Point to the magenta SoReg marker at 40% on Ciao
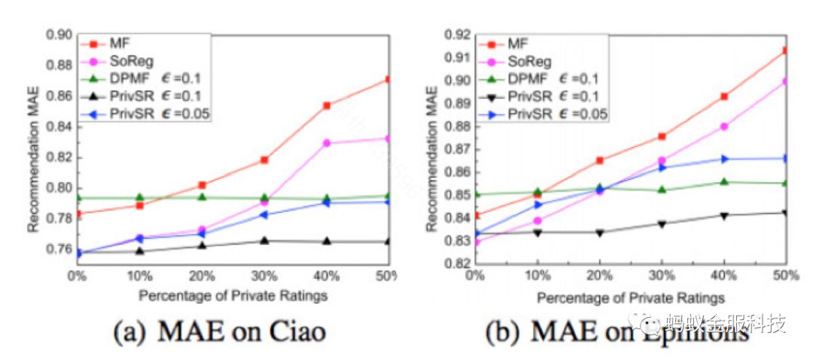point(326,142)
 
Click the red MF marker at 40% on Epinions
point(724,96)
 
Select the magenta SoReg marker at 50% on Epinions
point(785,81)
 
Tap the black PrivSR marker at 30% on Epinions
point(662,224)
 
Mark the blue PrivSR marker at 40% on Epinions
point(724,159)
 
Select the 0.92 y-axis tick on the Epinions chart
point(455,35)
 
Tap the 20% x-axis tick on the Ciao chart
point(202,276)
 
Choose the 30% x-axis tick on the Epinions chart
point(662,276)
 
